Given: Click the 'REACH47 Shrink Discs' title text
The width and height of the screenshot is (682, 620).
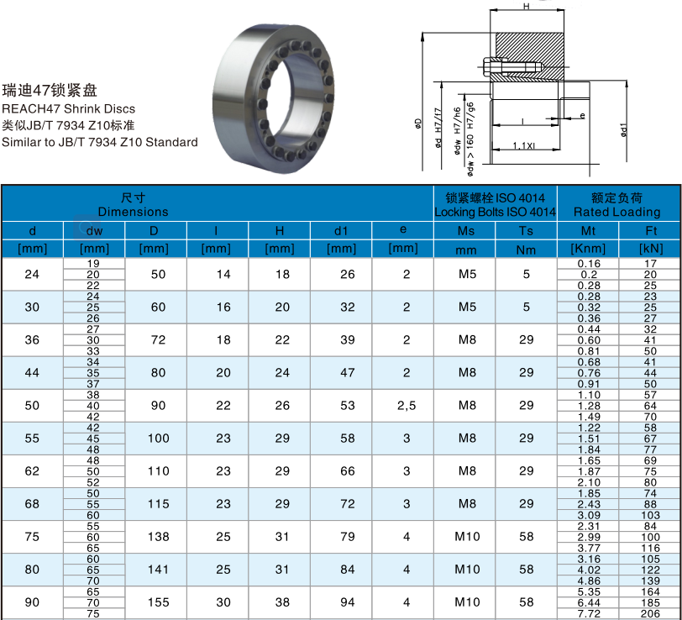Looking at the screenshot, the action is tap(68, 108).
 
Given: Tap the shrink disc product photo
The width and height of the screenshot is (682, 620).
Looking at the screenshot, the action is tap(273, 99).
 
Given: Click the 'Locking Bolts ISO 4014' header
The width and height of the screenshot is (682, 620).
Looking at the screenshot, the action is tap(495, 212).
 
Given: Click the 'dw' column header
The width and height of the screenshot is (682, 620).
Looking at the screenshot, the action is tap(94, 230).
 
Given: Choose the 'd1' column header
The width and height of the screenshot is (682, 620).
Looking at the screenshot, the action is tap(341, 230).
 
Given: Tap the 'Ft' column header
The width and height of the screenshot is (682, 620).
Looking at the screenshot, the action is tap(650, 230).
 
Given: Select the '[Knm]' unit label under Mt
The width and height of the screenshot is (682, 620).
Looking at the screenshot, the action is tap(588, 249).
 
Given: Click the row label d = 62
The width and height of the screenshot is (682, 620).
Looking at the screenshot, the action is tap(32, 471).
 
